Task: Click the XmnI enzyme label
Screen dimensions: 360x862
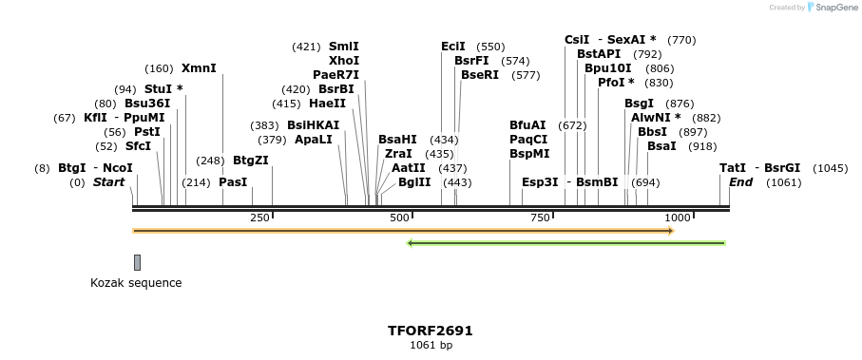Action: point(199,68)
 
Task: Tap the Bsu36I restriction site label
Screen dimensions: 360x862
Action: point(147,103)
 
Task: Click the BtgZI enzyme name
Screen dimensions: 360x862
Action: point(251,161)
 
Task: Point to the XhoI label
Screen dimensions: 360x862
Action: point(343,60)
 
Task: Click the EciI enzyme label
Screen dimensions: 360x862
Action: point(453,46)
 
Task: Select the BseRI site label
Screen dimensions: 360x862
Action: point(479,74)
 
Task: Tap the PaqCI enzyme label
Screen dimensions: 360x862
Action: point(527,139)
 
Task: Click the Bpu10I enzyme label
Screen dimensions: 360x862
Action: point(607,68)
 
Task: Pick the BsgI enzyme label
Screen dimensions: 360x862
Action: point(639,103)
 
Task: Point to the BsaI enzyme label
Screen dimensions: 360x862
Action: point(661,146)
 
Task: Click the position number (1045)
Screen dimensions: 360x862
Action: point(830,168)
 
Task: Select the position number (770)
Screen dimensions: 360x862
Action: point(681,40)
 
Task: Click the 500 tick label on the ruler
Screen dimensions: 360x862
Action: point(399,218)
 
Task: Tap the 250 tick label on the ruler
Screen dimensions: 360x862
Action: point(259,218)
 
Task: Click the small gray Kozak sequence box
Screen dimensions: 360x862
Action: point(137,262)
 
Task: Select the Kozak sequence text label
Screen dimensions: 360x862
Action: point(136,283)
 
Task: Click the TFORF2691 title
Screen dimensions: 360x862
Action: point(430,331)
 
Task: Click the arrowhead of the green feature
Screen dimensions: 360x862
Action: point(411,243)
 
